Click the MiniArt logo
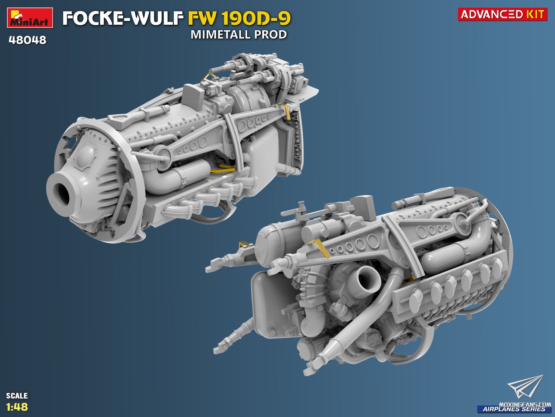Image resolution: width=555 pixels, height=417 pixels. (x=30, y=17)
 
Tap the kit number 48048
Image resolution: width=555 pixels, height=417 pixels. (x=27, y=40)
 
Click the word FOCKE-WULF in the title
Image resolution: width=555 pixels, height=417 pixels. (x=123, y=18)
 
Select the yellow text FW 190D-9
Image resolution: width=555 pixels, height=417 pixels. (x=239, y=18)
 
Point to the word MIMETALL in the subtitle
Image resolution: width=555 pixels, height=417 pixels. (x=221, y=35)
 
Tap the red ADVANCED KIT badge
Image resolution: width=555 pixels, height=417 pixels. (x=502, y=14)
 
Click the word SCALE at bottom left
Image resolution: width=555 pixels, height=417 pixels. (x=17, y=396)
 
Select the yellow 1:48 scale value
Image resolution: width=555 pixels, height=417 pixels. (x=17, y=407)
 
